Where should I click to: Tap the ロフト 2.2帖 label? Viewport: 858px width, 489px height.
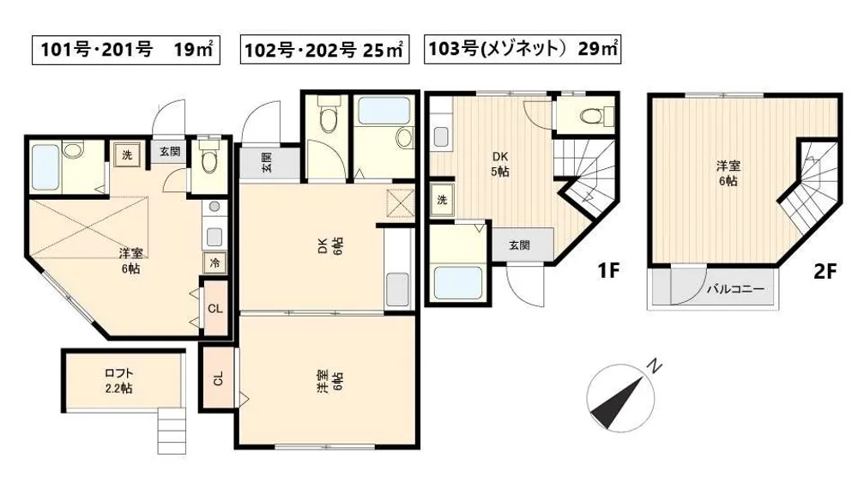click(x=118, y=381)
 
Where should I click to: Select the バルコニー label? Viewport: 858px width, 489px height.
click(x=735, y=289)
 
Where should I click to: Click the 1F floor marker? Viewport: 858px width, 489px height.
click(x=608, y=270)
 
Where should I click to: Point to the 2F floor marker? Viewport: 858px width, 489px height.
click(x=825, y=270)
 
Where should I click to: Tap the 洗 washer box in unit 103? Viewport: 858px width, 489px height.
click(x=442, y=200)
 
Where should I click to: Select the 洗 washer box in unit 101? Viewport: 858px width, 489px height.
click(x=127, y=154)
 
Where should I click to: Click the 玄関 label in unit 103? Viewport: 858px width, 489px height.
click(x=519, y=245)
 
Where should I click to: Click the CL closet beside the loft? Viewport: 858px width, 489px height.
click(x=218, y=378)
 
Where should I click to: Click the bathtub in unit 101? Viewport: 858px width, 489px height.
click(x=45, y=166)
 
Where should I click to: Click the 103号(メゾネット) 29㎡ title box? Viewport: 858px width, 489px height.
click(x=523, y=49)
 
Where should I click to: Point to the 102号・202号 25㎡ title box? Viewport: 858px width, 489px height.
click(x=324, y=50)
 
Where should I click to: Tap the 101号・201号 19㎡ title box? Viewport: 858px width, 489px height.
click(x=126, y=50)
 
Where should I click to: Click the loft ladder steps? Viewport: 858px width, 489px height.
click(x=172, y=431)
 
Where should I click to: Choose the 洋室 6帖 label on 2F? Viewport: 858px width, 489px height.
click(x=728, y=173)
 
